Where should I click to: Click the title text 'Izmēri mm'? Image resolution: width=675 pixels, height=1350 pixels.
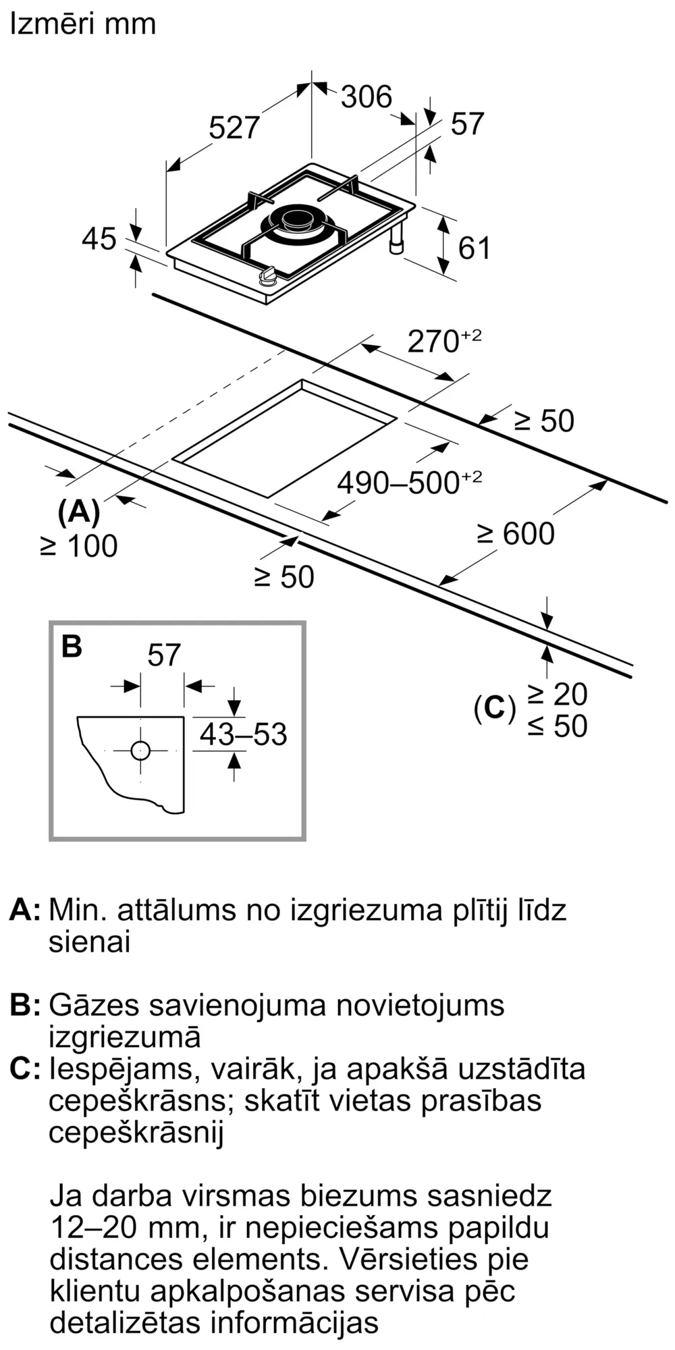click(82, 24)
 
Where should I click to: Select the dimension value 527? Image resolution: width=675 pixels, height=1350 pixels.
click(234, 128)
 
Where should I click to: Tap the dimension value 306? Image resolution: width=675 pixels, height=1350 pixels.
click(366, 97)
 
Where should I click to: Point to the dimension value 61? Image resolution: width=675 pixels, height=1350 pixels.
click(474, 248)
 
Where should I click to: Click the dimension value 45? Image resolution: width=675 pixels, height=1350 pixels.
click(99, 239)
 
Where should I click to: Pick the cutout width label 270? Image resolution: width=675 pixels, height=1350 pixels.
click(435, 342)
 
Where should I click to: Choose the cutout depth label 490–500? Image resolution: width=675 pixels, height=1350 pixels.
click(400, 483)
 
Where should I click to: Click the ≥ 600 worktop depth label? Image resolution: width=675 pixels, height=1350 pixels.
click(516, 533)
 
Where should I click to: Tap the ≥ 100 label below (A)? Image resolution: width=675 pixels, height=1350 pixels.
click(79, 546)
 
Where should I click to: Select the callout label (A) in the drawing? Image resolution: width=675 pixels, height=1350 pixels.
click(79, 514)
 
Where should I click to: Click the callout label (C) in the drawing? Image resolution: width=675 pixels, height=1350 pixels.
click(494, 708)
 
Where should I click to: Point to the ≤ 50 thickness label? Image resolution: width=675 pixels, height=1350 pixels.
click(558, 726)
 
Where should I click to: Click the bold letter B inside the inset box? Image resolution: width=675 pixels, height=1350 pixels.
click(72, 646)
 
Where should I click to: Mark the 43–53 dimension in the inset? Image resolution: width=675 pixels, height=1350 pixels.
click(243, 734)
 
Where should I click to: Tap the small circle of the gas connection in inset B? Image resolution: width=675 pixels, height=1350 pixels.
click(140, 751)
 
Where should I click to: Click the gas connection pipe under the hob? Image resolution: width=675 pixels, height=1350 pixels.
click(396, 240)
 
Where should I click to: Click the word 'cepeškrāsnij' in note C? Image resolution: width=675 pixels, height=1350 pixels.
click(136, 1132)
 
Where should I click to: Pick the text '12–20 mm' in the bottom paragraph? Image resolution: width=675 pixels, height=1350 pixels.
click(126, 1226)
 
